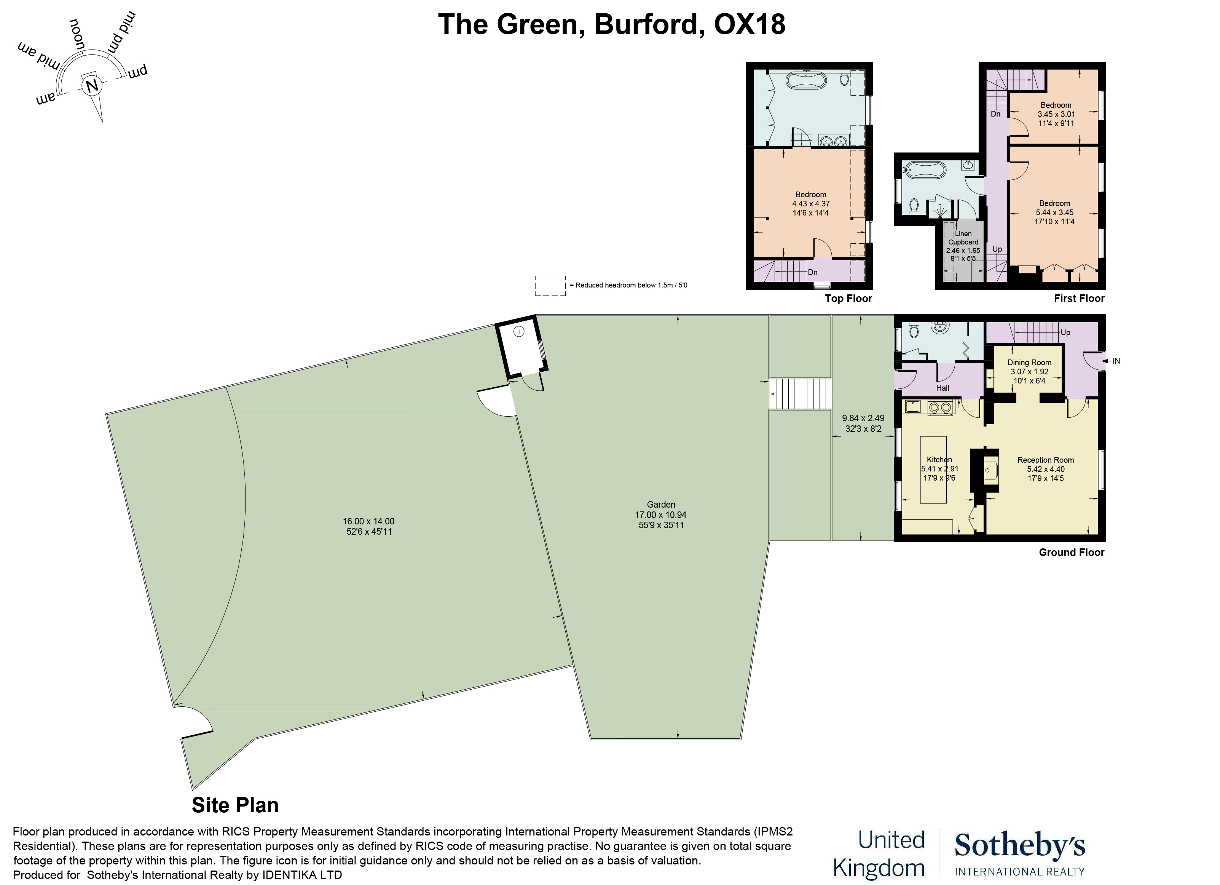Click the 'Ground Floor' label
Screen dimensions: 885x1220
tap(1071, 553)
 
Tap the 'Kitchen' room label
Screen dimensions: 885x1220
tap(939, 460)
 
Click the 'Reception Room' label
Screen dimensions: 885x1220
tap(1045, 460)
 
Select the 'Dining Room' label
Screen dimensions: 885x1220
tap(1029, 363)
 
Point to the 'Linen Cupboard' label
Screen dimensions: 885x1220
tap(963, 238)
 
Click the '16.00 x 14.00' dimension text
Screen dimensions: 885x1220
tap(368, 521)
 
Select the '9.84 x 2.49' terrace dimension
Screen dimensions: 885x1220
tap(863, 418)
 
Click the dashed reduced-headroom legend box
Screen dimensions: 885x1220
tap(550, 286)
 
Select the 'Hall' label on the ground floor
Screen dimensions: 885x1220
tap(943, 388)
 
